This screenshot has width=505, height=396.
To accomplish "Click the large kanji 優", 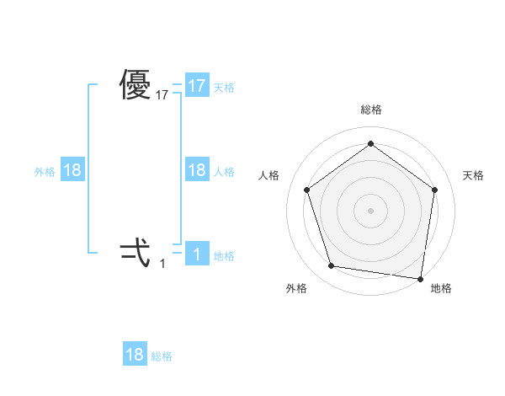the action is [x=136, y=85].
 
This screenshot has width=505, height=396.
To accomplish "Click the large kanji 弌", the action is [x=136, y=250].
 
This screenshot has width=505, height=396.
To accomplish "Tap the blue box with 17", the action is [x=197, y=86].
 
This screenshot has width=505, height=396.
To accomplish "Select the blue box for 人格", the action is [x=197, y=170].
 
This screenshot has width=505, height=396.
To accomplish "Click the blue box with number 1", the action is [x=197, y=254].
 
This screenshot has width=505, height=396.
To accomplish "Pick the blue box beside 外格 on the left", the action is [x=72, y=170].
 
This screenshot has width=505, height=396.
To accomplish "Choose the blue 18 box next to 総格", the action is [x=135, y=355].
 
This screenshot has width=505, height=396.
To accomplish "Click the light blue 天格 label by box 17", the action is [x=224, y=87].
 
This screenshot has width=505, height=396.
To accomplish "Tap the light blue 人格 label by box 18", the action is [x=224, y=171].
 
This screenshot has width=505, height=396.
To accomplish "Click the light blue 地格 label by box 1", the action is [x=224, y=255].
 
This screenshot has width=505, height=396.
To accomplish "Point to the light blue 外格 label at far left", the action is [x=45, y=171].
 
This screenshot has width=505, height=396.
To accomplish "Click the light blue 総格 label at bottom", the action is [x=162, y=356].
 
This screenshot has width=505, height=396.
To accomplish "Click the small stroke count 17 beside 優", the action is [x=162, y=96].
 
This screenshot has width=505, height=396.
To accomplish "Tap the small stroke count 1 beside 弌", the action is [x=162, y=264].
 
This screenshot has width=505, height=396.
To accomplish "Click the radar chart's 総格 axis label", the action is [x=370, y=110].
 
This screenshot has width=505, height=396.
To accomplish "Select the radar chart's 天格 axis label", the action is [x=474, y=175].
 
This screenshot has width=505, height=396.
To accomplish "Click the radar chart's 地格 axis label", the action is [x=441, y=288].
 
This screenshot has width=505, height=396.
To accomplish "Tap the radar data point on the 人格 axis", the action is [x=306, y=190].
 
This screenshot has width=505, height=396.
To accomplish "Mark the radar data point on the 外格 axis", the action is [x=332, y=266].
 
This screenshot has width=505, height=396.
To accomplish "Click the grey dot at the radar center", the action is [x=370, y=210].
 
